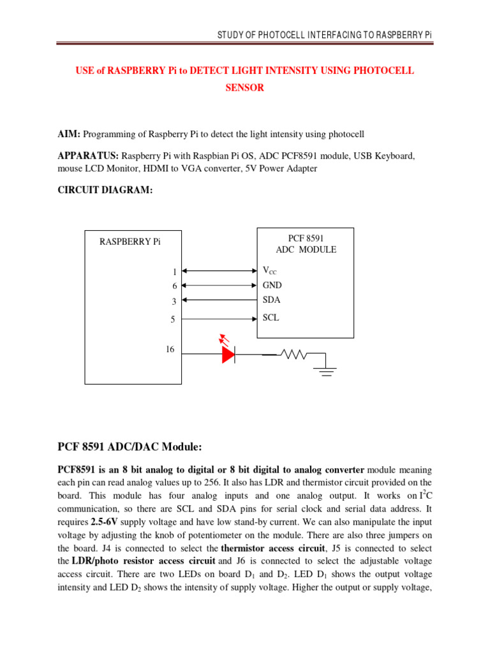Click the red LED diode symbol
coord(228,355)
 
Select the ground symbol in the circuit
coord(327,371)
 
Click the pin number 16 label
coord(170,349)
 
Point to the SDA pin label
coord(271,300)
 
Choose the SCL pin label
coord(271,317)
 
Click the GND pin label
coord(272,286)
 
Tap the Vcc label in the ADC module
coord(270,271)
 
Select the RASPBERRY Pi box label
coord(130,242)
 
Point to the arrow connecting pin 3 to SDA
coord(219,300)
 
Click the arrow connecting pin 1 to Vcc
coord(219,271)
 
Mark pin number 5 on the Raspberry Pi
coord(172,319)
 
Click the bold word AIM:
coord(69,134)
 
